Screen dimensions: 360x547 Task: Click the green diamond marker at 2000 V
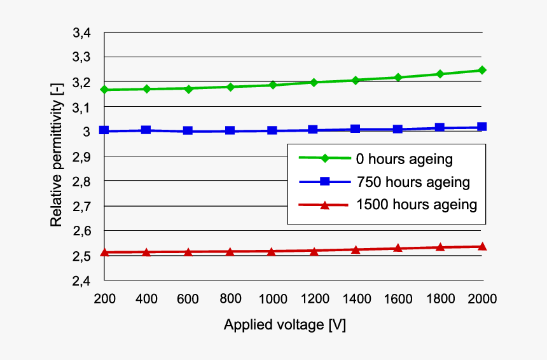[482, 70]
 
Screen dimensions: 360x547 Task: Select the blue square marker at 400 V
[146, 130]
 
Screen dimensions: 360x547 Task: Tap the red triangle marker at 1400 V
[356, 249]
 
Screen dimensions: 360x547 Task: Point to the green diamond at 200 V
[104, 90]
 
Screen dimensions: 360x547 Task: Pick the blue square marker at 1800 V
[440, 128]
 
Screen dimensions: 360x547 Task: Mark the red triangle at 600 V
[188, 252]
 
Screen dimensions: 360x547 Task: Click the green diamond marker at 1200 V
[314, 82]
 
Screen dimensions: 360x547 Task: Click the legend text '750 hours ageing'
[413, 182]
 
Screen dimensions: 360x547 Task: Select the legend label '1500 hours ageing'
[417, 205]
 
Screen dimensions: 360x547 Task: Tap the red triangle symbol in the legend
[324, 205]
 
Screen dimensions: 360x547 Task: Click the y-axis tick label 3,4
[83, 32]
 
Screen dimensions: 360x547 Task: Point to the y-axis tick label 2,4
[83, 280]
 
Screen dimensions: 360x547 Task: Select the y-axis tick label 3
[88, 132]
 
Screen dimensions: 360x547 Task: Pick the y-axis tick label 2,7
[83, 206]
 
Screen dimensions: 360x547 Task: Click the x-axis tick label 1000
[272, 298]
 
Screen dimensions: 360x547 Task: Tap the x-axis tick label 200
[104, 298]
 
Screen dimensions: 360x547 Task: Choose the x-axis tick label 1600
[398, 298]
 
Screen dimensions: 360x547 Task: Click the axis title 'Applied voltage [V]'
[285, 324]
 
